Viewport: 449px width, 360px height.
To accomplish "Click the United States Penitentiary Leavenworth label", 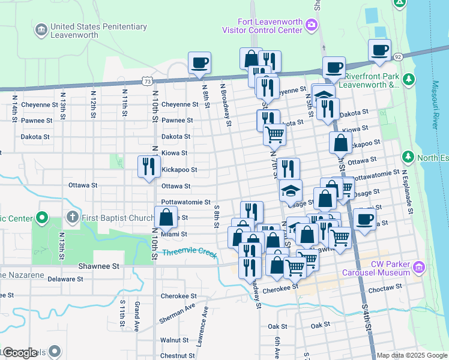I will [98, 31].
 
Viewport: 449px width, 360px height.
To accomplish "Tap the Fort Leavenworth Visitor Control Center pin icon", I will [312, 25].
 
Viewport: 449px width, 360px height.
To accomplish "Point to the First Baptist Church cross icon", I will [73, 216].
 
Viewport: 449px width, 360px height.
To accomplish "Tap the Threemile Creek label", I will [189, 253].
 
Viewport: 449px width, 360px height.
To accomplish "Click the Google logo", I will [20, 353].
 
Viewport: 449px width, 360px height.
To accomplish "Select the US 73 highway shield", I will [147, 80].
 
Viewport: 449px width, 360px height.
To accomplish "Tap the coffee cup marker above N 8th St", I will [199, 62].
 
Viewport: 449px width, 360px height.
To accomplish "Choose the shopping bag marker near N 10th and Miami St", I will [166, 217].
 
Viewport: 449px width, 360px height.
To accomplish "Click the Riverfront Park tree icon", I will [409, 79].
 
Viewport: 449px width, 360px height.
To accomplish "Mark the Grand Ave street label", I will [137, 316].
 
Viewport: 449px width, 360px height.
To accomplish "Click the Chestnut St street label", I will [175, 355].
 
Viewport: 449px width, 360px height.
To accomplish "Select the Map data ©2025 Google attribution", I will [412, 355].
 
